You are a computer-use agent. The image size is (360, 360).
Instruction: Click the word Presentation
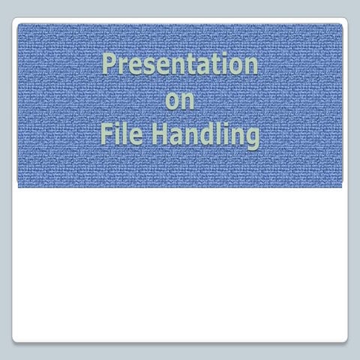point(180,64)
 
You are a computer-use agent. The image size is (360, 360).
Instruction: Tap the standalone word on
point(180,101)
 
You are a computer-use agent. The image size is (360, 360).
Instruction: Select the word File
point(121,135)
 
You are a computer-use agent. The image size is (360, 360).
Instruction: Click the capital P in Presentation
point(109,64)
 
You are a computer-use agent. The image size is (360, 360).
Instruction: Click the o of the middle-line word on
point(172,102)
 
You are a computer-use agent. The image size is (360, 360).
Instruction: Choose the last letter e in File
point(136,137)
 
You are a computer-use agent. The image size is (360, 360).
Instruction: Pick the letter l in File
point(125,135)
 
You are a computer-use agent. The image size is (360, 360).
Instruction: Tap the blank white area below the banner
point(180,262)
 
